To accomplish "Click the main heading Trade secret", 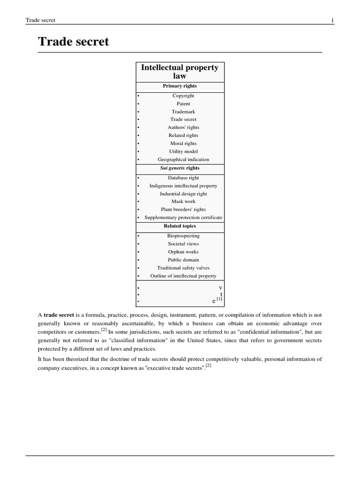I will [73, 42].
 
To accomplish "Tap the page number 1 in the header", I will [332, 20].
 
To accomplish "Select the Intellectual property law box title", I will [180, 72].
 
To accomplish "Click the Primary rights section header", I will [180, 86].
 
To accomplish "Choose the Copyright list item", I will [183, 96].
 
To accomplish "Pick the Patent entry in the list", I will [183, 104].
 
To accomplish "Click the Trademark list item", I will [183, 112].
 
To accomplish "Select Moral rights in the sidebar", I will [183, 143].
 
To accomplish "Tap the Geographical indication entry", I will [183, 159].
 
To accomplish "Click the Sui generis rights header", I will [180, 168].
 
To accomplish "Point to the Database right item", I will [183, 178].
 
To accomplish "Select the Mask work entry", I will [183, 202].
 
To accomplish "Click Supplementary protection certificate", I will [183, 217].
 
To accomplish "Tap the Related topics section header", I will [180, 226].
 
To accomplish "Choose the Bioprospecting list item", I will [183, 236].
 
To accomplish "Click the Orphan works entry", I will [183, 252].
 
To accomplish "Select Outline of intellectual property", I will [183, 276].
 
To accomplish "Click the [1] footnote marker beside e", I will [219, 299].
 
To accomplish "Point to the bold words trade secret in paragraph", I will [59, 315].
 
